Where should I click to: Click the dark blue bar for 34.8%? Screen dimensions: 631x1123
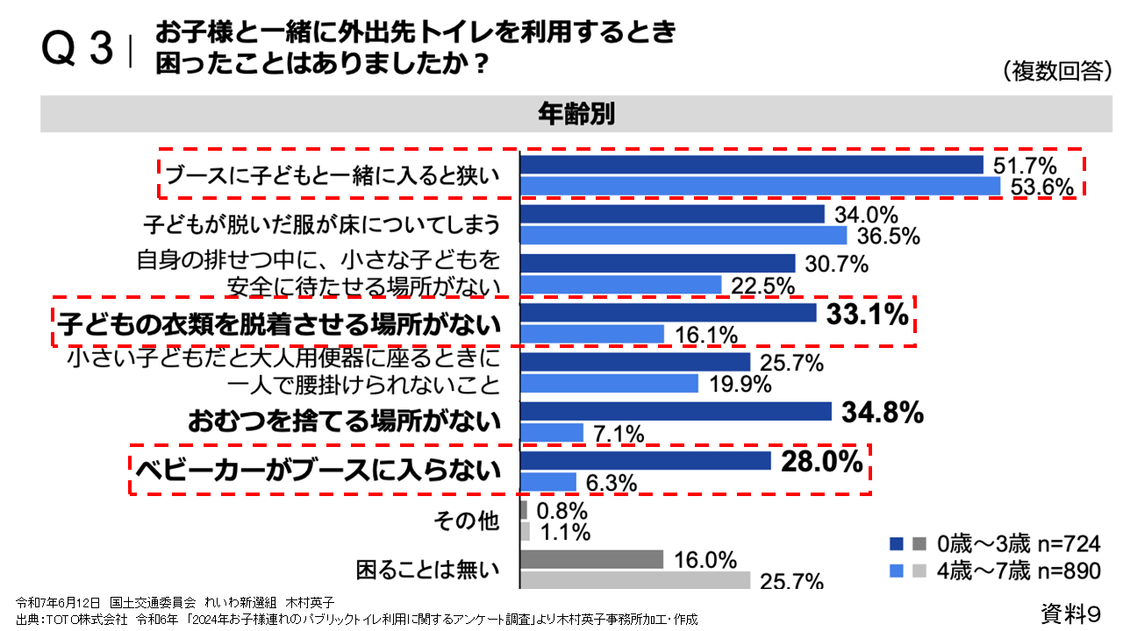pyautogui.click(x=676, y=412)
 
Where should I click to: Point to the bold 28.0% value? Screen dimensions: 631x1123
pyautogui.click(x=821, y=462)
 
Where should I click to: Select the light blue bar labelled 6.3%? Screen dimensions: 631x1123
pyautogui.click(x=548, y=482)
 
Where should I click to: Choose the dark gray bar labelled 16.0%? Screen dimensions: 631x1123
pyautogui.click(x=591, y=559)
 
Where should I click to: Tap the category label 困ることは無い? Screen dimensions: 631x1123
pyautogui.click(x=428, y=570)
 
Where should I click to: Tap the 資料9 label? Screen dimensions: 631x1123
pyautogui.click(x=1070, y=612)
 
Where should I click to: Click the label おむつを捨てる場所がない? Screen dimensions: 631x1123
pyautogui.click(x=344, y=422)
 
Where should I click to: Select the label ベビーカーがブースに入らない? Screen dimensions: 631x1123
pyautogui.click(x=317, y=471)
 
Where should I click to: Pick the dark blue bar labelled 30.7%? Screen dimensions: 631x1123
pyautogui.click(x=658, y=263)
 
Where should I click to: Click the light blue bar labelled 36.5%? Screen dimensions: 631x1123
pyautogui.click(x=683, y=236)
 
